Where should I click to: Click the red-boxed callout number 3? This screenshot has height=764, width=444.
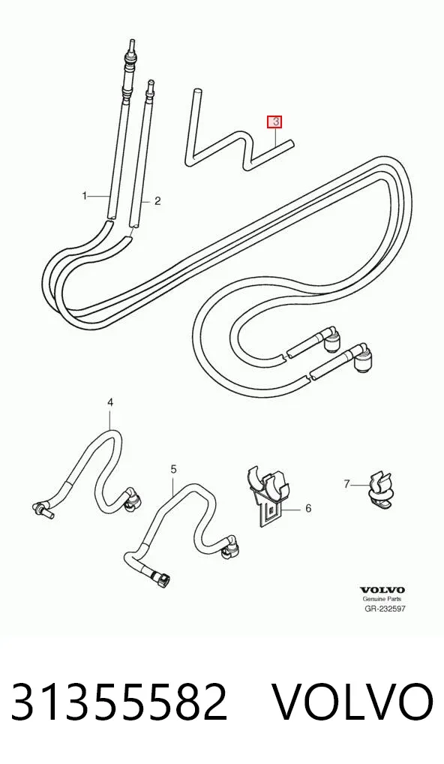(x=275, y=122)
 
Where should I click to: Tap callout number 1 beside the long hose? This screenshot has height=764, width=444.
(x=84, y=196)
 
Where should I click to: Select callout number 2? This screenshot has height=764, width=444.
(x=157, y=200)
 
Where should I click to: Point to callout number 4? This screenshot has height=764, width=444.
(x=110, y=402)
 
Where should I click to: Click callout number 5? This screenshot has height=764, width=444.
(x=174, y=469)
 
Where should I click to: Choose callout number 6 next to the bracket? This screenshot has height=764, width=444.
(x=308, y=509)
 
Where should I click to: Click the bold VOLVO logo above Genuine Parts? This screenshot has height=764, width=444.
(x=382, y=591)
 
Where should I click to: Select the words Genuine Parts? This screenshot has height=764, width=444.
(x=382, y=600)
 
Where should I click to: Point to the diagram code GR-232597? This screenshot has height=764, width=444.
(x=385, y=609)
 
